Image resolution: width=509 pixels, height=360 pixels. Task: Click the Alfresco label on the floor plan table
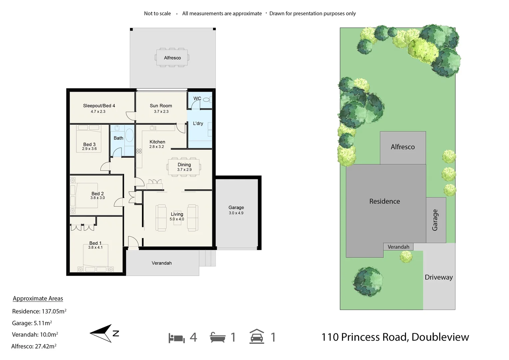[x=172, y=58]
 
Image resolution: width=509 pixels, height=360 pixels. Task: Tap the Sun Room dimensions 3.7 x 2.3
[x=161, y=112]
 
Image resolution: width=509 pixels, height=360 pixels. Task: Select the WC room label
[x=197, y=98]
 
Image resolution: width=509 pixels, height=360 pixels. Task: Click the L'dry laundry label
[x=198, y=123]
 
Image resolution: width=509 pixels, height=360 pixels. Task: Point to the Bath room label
[x=118, y=138]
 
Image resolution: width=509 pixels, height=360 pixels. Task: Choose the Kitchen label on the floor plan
[x=157, y=142]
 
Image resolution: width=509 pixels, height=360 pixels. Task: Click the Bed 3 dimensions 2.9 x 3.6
[x=89, y=149]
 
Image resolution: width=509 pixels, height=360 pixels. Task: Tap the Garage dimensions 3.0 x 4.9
[x=236, y=213]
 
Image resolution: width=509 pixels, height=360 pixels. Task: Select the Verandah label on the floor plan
[x=162, y=263]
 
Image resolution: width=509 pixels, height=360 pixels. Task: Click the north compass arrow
[x=102, y=333]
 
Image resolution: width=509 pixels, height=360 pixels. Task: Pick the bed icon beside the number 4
[x=177, y=338]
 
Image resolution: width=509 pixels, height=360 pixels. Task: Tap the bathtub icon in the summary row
[x=218, y=337]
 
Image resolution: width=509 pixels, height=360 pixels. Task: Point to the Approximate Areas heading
[x=38, y=299]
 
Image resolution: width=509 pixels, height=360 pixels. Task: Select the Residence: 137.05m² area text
[x=39, y=311]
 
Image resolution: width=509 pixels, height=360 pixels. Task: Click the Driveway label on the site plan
[x=438, y=277]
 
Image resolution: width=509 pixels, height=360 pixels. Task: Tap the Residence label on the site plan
[x=384, y=201]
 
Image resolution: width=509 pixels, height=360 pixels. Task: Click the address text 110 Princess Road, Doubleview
[x=395, y=337]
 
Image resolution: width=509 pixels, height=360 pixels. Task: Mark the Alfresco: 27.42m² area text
[x=34, y=346]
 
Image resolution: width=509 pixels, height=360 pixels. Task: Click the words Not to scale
[x=157, y=14]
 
